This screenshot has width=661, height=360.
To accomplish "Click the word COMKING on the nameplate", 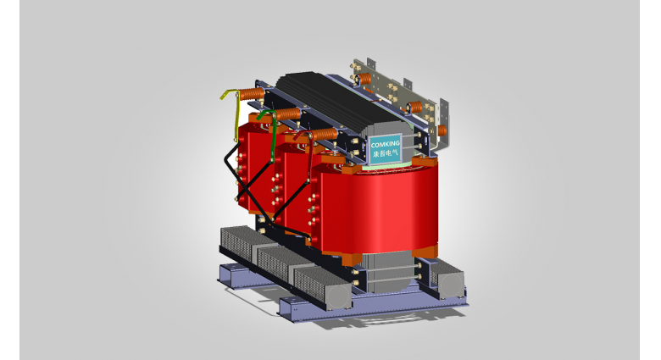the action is (x=385, y=144).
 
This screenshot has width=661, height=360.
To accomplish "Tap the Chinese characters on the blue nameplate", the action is (x=386, y=153).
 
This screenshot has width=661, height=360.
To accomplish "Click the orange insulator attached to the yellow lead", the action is (x=252, y=93).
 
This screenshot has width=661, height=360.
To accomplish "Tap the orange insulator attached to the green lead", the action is (x=288, y=114).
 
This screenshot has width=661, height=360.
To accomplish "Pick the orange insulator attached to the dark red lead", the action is (x=325, y=135).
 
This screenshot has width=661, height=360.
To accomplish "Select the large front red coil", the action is (x=375, y=208).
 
